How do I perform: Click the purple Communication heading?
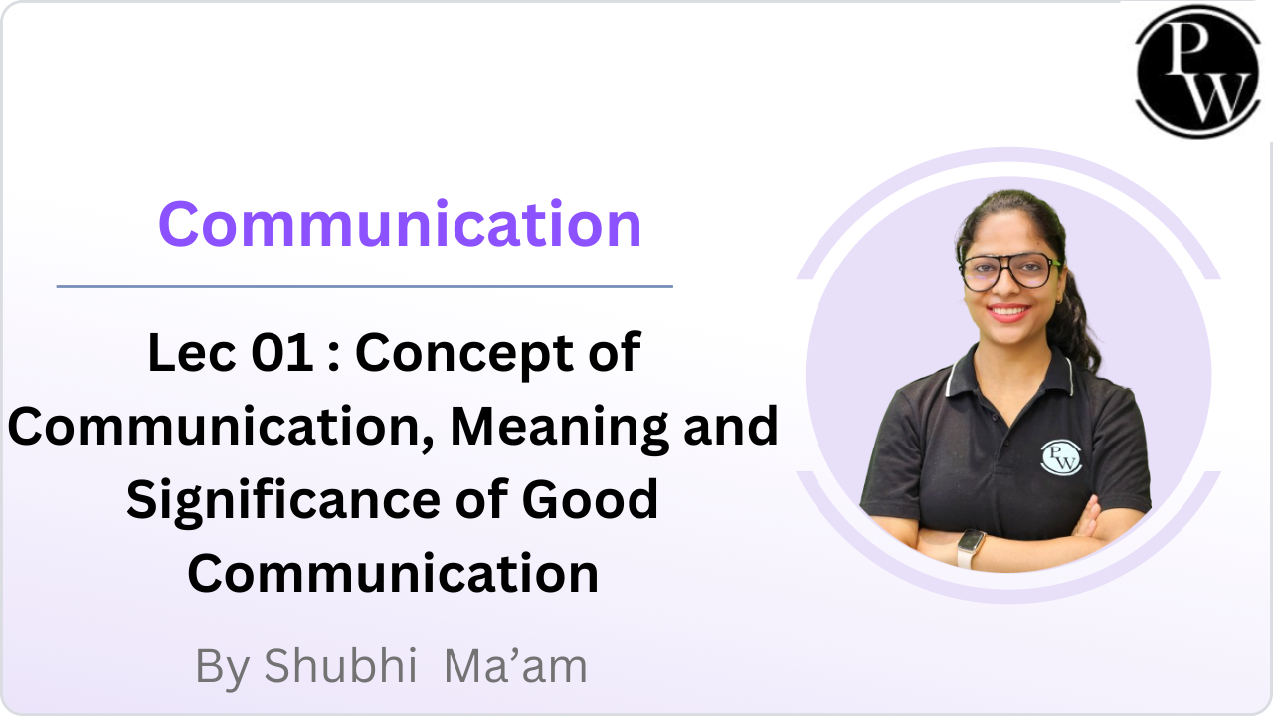click(x=400, y=224)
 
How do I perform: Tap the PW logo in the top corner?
click(x=1198, y=72)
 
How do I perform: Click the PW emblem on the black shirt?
click(x=1060, y=457)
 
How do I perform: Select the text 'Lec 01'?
click(x=231, y=352)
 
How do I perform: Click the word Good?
click(x=590, y=500)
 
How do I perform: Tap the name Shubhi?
click(x=340, y=666)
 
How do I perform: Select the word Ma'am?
click(x=515, y=666)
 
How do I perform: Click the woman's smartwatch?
click(x=971, y=548)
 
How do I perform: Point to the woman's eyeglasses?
click(x=1008, y=271)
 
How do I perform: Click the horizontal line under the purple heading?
click(x=364, y=287)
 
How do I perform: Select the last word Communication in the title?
click(x=393, y=574)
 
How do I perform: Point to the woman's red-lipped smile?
click(x=1008, y=312)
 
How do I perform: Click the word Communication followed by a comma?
click(x=221, y=429)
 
